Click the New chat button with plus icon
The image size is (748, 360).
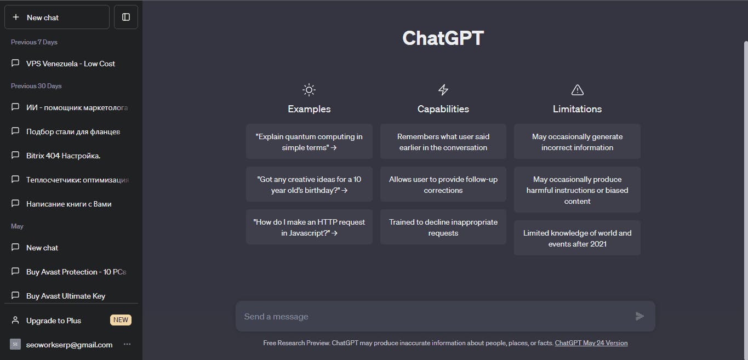pyautogui.click(x=57, y=17)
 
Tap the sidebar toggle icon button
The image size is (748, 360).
pyautogui.click(x=126, y=17)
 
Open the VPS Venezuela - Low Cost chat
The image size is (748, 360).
pyautogui.click(x=71, y=64)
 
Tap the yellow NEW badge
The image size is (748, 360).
pyautogui.click(x=121, y=320)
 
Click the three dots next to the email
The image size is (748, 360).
pyautogui.click(x=127, y=344)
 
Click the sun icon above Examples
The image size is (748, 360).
pyautogui.click(x=309, y=90)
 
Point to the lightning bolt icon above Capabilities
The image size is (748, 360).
pyautogui.click(x=443, y=90)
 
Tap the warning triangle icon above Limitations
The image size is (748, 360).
pyautogui.click(x=578, y=90)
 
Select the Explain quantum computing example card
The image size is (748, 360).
pyautogui.click(x=309, y=141)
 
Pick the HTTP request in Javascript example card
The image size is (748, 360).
pyautogui.click(x=309, y=227)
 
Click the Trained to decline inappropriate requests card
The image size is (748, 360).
pyautogui.click(x=443, y=227)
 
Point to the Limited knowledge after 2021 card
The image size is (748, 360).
pyautogui.click(x=577, y=238)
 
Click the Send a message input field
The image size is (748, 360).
pyautogui.click(x=434, y=316)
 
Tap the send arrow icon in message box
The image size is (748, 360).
pyautogui.click(x=639, y=316)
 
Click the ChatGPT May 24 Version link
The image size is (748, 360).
pyautogui.click(x=591, y=343)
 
